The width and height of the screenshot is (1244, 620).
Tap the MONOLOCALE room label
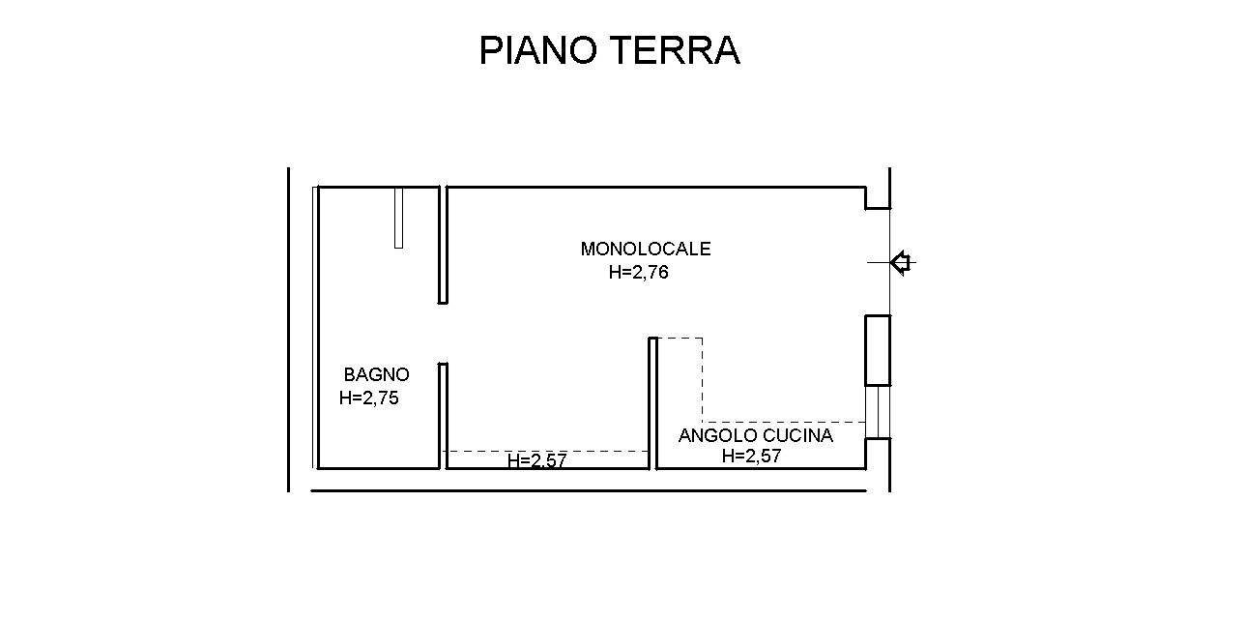tap(645, 249)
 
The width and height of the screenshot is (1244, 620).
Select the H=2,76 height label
tap(638, 273)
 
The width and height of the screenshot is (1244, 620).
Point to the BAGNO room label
tap(376, 374)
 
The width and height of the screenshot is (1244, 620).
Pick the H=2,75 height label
tap(368, 398)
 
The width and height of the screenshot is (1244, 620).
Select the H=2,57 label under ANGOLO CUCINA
tap(751, 457)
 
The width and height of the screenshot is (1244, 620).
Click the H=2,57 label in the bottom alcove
tap(536, 461)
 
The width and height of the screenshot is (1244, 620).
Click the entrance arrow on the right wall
tap(901, 262)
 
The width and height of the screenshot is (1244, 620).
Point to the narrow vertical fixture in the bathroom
tap(398, 218)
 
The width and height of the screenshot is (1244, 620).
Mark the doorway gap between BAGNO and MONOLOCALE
tap(443, 333)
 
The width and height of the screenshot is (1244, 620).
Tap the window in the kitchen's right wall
tap(877, 412)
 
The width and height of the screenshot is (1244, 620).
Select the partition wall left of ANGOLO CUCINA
tap(652, 401)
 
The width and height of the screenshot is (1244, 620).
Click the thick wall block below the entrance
tap(877, 350)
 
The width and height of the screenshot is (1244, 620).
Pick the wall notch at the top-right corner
tap(877, 198)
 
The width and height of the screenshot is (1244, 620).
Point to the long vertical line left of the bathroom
tap(288, 329)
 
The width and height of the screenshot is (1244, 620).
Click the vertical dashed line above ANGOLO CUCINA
tap(703, 379)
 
